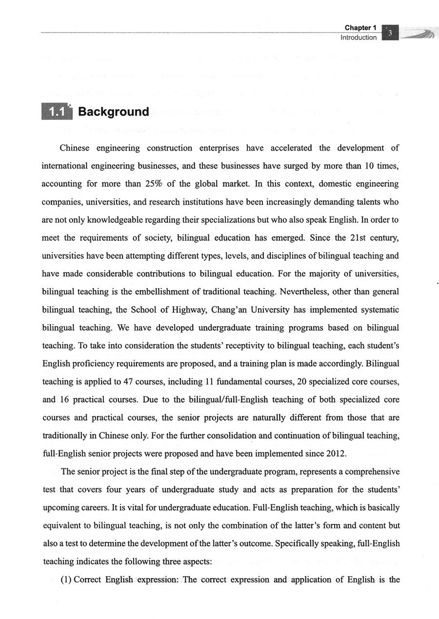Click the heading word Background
coord(113,112)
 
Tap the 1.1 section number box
coord(57,112)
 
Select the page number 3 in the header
coord(390,33)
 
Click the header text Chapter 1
coord(360,28)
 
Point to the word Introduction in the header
coord(359,38)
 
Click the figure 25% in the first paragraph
coord(157,184)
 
